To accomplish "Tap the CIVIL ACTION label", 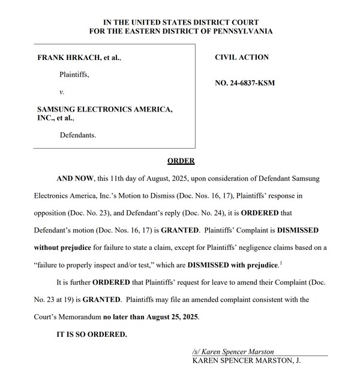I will pos(242,58).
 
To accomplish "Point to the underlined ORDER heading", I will pos(181,161).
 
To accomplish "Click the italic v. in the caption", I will pos(62,92).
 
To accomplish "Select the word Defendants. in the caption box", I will pos(78,135).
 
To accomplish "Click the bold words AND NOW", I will pos(75,179).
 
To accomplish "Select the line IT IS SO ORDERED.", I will pos(92,334).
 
